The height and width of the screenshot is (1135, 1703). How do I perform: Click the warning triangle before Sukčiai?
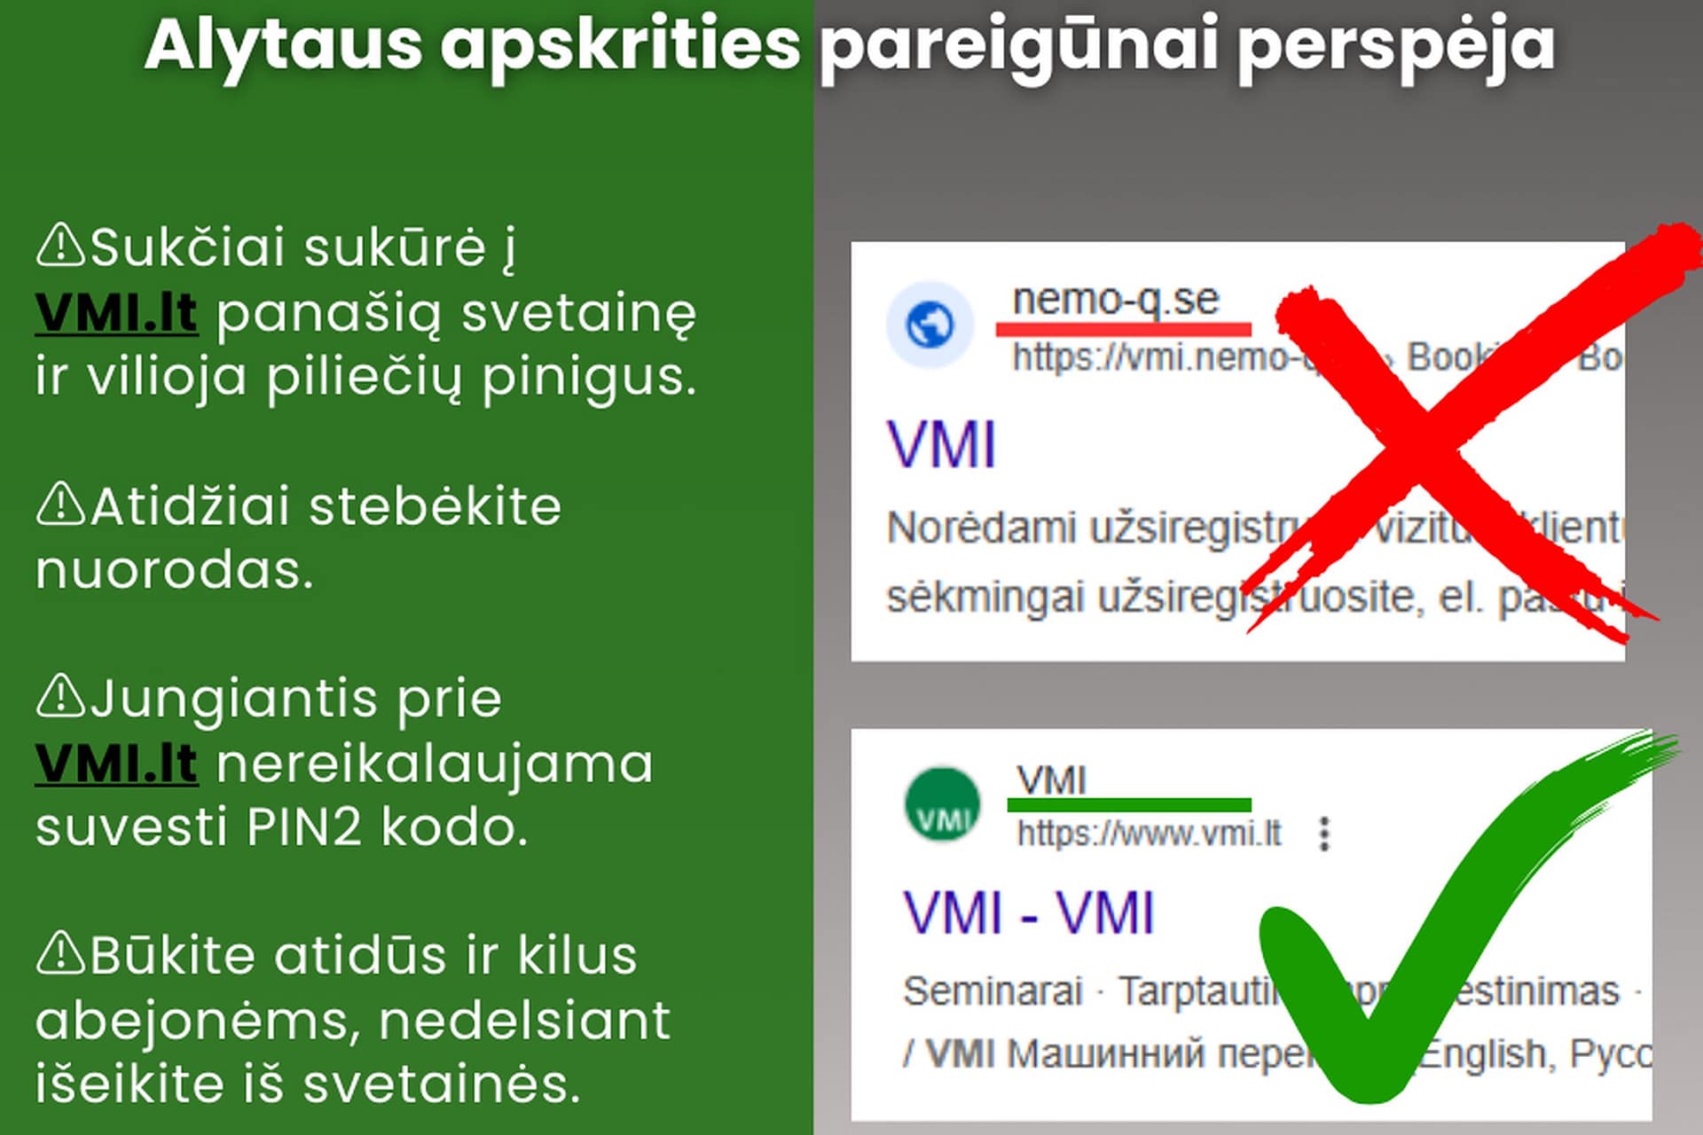pyautogui.click(x=60, y=246)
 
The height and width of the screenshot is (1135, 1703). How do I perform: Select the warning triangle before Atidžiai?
pyautogui.click(x=60, y=505)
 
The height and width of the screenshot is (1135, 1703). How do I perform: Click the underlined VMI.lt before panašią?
pyautogui.click(x=116, y=313)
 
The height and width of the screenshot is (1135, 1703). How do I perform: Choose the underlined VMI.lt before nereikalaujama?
pyautogui.click(x=116, y=763)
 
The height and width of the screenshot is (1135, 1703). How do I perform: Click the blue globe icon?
pyautogui.click(x=930, y=325)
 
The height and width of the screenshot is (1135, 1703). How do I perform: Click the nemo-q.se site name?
pyautogui.click(x=1116, y=299)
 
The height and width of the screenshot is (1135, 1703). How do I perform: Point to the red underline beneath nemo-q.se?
pyautogui.click(x=1123, y=329)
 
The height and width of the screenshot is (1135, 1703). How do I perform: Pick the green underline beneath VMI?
pyautogui.click(x=1128, y=805)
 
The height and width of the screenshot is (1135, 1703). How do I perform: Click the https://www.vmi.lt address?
pyautogui.click(x=1149, y=834)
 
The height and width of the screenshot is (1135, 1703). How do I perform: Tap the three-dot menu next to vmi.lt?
pyautogui.click(x=1324, y=834)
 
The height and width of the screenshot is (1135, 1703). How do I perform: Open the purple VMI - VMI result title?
pyautogui.click(x=1029, y=912)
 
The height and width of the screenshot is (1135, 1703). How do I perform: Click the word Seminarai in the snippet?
pyautogui.click(x=993, y=990)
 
